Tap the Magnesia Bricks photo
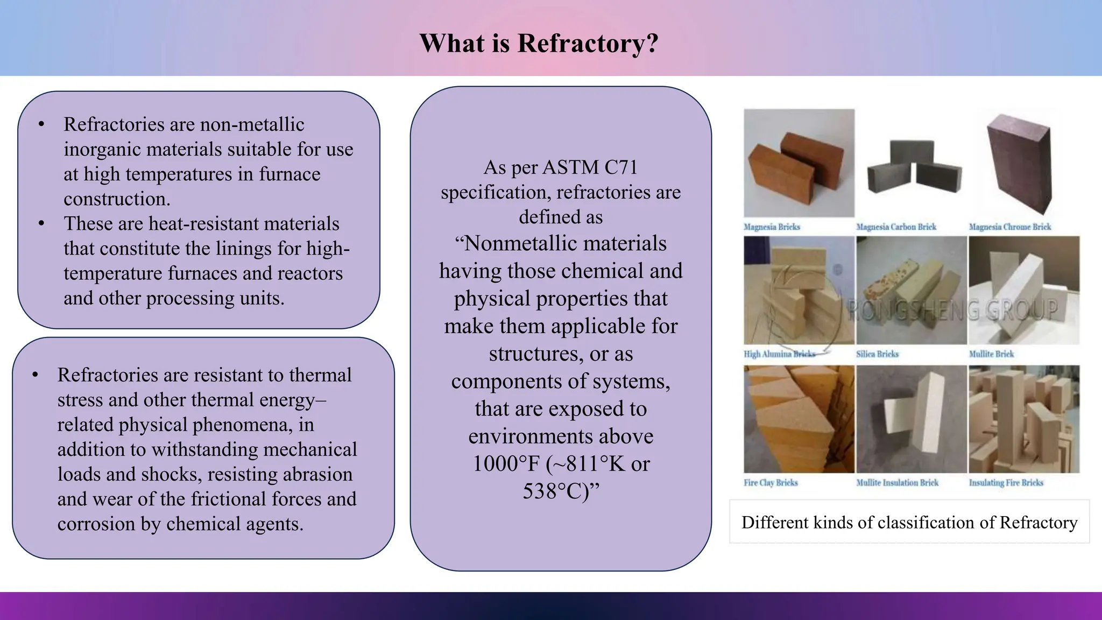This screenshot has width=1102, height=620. coord(799,163)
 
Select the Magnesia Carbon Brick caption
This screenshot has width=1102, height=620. coord(896,227)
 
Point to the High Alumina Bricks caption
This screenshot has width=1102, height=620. coord(779,354)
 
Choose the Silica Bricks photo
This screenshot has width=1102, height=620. coord(912,291)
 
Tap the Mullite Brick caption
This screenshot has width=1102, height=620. coord(991,354)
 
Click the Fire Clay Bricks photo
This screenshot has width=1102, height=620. coord(799,419)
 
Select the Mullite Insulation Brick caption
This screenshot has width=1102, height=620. coord(897,483)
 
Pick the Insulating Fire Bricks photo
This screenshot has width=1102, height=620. coord(1023,419)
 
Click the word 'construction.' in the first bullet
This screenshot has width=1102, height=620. coord(117,199)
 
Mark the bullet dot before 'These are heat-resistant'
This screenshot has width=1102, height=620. coord(41,224)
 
